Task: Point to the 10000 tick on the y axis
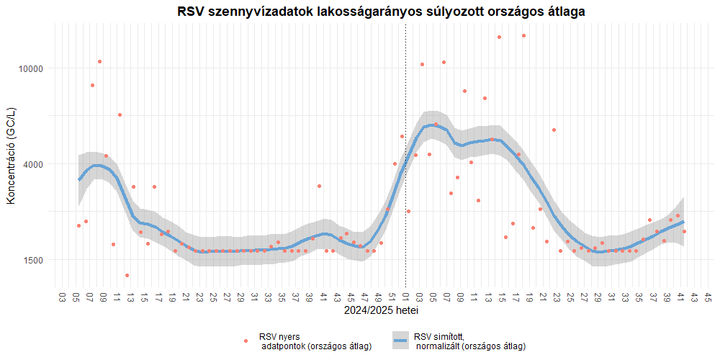click(32, 68)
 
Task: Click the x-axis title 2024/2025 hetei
click(382, 311)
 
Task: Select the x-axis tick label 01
click(406, 296)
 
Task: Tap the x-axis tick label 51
click(392, 296)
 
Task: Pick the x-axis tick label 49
click(379, 296)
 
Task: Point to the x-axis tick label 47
click(365, 296)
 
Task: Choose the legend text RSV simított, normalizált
click(469, 341)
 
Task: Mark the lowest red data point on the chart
click(127, 275)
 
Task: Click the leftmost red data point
click(78, 225)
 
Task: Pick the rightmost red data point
click(684, 231)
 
